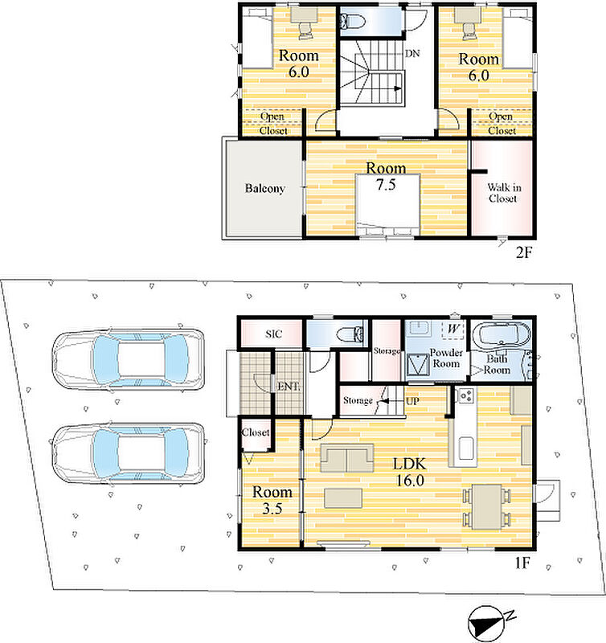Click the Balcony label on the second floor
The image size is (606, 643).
pos(265,189)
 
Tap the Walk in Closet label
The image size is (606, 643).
pos(504,193)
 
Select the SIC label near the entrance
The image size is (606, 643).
pos(273,334)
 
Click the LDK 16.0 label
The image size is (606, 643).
pos(410,472)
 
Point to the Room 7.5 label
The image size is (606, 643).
pos(386,176)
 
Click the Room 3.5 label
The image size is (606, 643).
pos(272,500)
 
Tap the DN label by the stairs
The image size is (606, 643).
pos(412,53)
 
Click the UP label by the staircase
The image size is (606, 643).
pos(412,401)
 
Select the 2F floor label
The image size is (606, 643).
pos(524,252)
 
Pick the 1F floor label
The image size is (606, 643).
pos(522,563)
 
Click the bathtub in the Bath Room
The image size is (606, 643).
pos(500,336)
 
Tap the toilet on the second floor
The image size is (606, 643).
pos(352,21)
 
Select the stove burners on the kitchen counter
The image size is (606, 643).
pos(466,395)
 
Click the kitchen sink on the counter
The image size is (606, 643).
pos(467,448)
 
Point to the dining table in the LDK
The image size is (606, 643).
pos(487,507)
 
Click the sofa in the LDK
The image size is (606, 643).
pos(347,458)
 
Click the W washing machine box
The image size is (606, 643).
pos(453,330)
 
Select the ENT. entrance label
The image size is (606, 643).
pos(289,387)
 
